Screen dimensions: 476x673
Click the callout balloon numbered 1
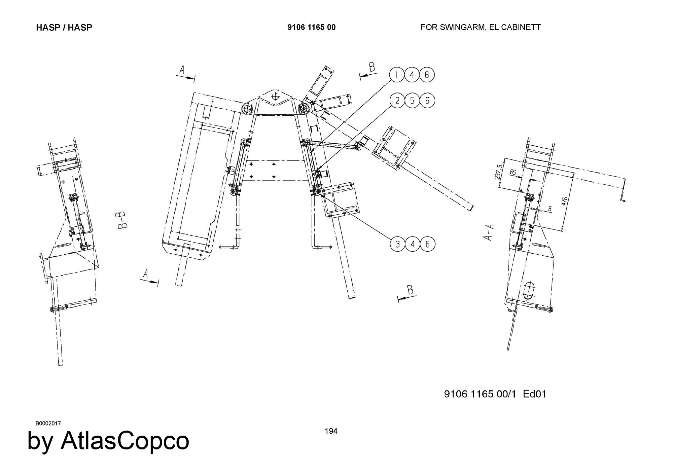coord(397,75)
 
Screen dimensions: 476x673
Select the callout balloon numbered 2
coord(397,101)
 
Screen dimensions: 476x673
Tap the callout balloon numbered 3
coord(398,244)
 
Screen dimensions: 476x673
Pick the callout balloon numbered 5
coord(412,101)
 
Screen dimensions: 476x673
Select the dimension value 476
coord(565,201)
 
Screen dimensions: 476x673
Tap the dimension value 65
coord(513,172)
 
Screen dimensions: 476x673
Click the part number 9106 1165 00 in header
coord(311,27)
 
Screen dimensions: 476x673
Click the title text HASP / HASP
coord(64,27)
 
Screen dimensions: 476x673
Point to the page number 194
coord(331,431)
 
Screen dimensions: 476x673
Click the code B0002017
coord(48,423)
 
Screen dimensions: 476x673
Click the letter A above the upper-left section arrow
coord(182,70)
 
